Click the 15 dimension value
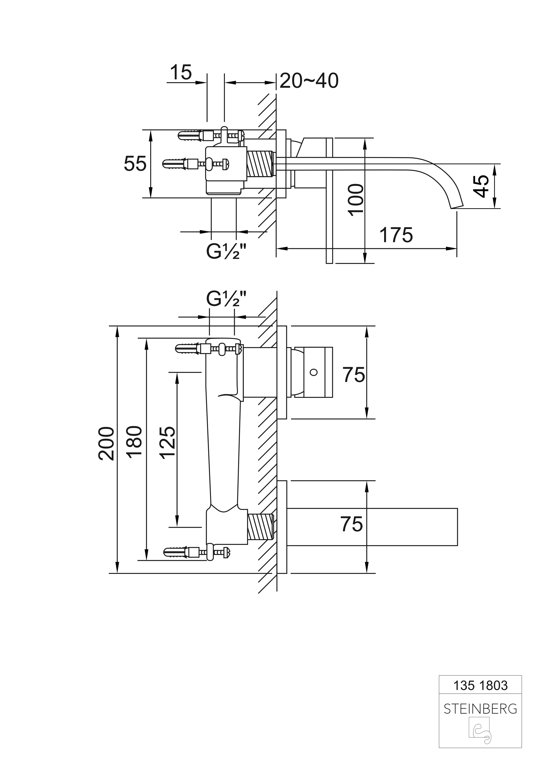point(181,72)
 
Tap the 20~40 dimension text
point(309,81)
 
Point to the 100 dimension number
point(356,200)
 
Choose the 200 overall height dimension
point(106,444)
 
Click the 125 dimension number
point(167,443)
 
